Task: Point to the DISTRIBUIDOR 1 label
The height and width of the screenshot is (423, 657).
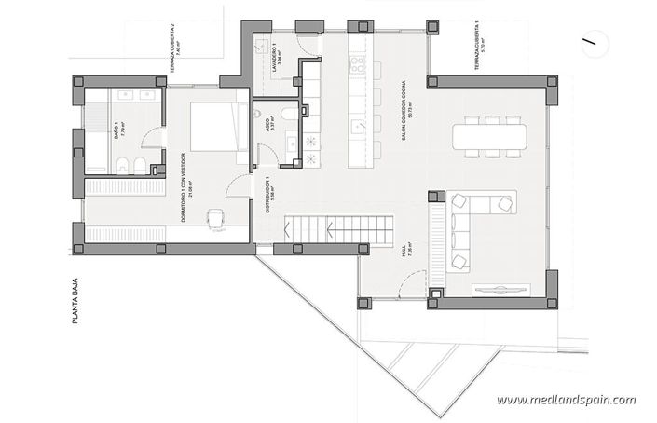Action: (x=267, y=196)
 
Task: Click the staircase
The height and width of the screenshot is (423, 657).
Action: (x=335, y=228)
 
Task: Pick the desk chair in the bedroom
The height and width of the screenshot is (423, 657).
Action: (x=217, y=218)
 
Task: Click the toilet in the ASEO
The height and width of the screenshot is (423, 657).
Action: (x=292, y=113)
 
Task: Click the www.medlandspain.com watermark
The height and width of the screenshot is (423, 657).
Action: (x=566, y=400)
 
